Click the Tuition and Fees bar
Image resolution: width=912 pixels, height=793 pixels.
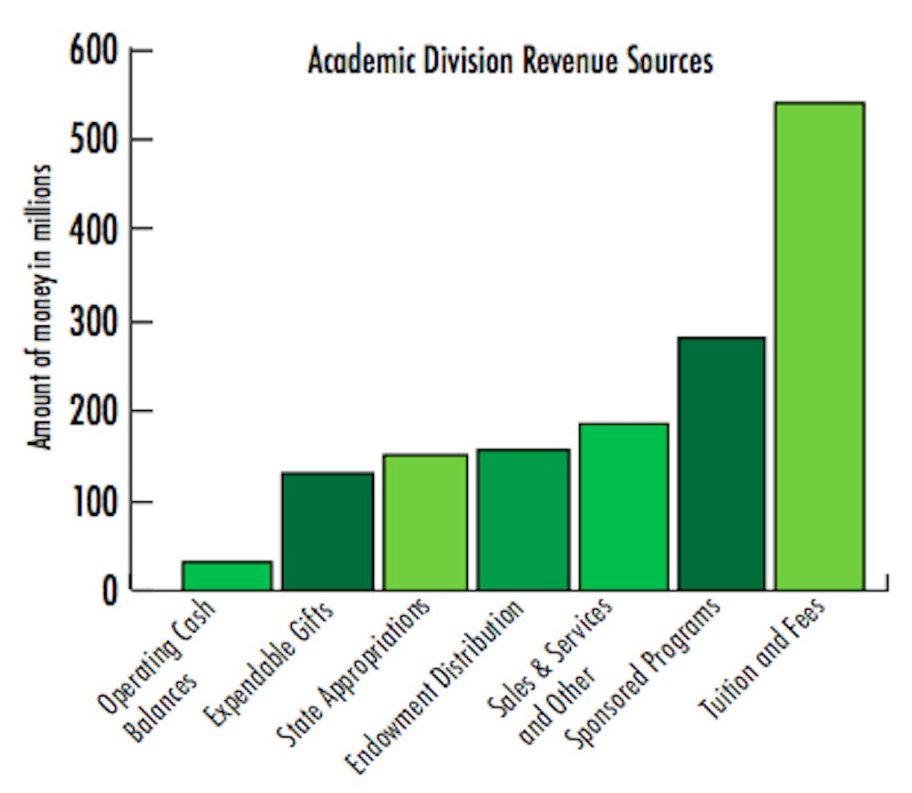[x=820, y=346]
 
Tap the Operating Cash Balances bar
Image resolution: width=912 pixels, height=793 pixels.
[x=227, y=575]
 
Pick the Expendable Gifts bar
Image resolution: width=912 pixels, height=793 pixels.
[x=327, y=530]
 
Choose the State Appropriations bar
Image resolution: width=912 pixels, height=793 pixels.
[x=425, y=521]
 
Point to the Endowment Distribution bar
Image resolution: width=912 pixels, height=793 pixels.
[x=523, y=519]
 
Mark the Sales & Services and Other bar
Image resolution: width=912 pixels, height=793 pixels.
[x=624, y=506]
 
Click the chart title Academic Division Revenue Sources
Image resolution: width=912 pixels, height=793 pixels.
[x=510, y=61]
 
